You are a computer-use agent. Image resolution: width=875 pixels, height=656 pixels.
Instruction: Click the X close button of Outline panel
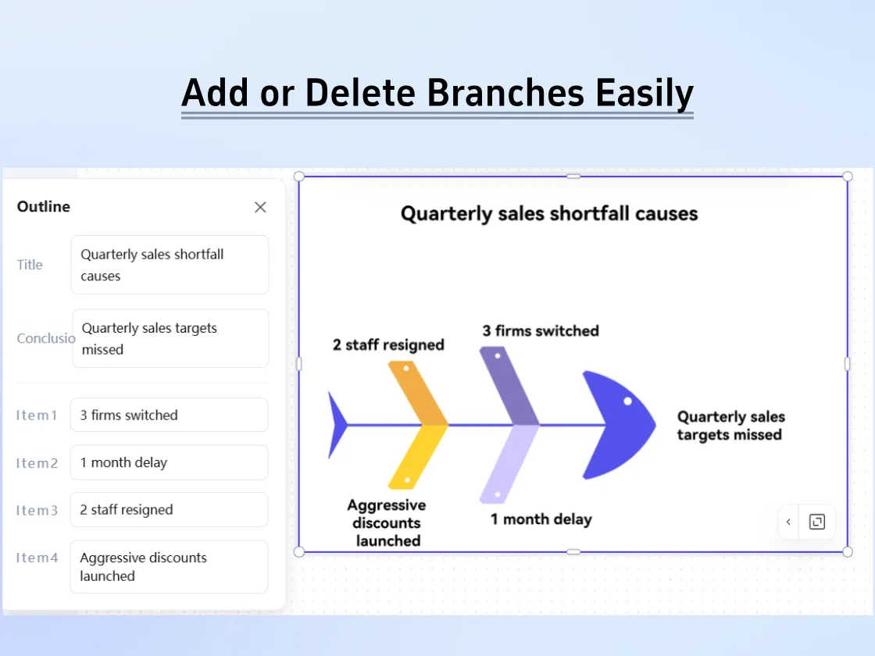point(260,207)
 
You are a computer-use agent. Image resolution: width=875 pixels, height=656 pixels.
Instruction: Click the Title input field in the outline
point(170,265)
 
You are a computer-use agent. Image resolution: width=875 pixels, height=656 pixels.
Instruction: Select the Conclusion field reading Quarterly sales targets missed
point(170,338)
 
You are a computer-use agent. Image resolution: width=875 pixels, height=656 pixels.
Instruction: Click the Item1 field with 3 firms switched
point(169,415)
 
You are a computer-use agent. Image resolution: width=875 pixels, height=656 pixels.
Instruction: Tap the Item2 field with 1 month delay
point(169,462)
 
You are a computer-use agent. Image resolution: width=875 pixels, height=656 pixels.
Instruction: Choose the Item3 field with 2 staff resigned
point(169,510)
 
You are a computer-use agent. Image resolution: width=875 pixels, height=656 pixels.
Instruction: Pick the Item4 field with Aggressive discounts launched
point(169,566)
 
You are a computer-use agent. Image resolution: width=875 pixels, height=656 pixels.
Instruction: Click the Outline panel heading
point(44,207)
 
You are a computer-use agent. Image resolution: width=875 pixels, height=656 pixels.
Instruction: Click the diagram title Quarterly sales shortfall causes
point(548,214)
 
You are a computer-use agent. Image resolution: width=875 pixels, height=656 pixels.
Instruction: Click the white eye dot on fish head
point(627,401)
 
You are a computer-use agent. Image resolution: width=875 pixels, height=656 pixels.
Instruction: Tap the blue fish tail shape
point(337,425)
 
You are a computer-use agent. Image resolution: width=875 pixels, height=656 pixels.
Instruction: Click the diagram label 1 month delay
point(541,519)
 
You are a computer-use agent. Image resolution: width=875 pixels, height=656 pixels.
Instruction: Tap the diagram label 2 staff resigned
point(388,344)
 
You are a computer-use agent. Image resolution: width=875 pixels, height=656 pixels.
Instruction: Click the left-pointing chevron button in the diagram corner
point(788,522)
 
